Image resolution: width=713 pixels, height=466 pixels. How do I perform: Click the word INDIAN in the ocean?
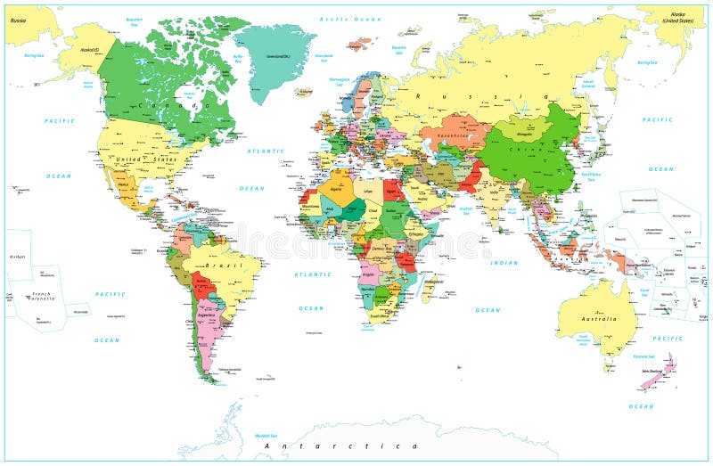pos(504,263)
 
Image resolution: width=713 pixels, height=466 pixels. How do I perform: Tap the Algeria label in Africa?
pos(336,188)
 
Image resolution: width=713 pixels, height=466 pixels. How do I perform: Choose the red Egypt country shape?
pos(393,190)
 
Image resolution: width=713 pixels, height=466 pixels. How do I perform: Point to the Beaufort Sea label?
pos(135,20)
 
